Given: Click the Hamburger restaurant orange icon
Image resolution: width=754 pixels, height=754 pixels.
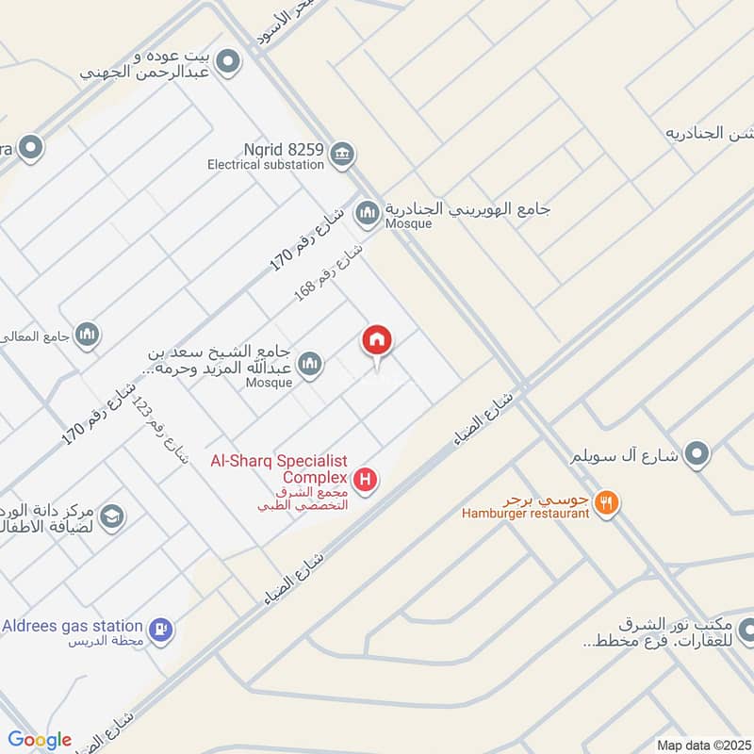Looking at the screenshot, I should pyautogui.click(x=608, y=503).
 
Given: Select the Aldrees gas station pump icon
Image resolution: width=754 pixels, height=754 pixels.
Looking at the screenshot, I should pyautogui.click(x=161, y=627).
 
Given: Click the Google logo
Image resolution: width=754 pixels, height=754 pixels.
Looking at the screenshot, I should pyautogui.click(x=40, y=740).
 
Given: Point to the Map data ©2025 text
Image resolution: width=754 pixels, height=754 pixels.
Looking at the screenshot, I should pyautogui.click(x=702, y=745).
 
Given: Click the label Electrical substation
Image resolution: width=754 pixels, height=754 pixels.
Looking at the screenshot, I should pyautogui.click(x=266, y=164).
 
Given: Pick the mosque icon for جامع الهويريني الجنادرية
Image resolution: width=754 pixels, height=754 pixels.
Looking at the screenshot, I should pyautogui.click(x=366, y=215).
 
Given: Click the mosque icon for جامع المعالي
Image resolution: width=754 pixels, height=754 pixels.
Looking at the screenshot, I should pyautogui.click(x=88, y=335).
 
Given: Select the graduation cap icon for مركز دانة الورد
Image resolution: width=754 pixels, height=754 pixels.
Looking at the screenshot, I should pyautogui.click(x=112, y=516).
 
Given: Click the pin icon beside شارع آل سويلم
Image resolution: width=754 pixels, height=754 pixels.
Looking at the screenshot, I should pyautogui.click(x=697, y=455).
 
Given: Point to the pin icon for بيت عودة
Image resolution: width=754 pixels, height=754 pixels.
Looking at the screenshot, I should pyautogui.click(x=227, y=63).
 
